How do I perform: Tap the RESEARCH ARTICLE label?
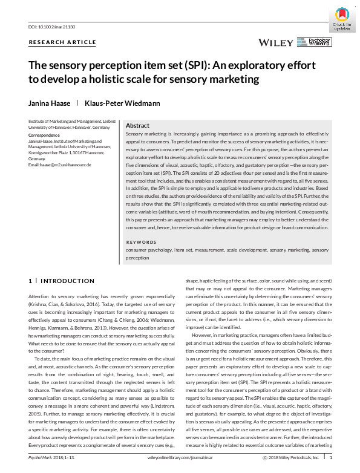point(62,42)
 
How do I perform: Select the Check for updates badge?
point(342,18)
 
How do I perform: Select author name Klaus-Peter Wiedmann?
point(122,103)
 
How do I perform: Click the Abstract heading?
point(137,125)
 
